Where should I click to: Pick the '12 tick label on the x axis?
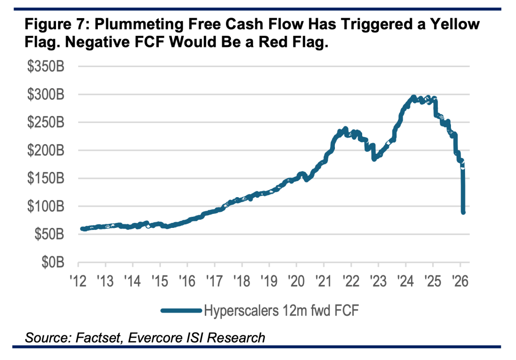(78, 280)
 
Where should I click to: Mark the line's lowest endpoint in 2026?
(463, 212)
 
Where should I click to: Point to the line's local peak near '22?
(346, 129)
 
